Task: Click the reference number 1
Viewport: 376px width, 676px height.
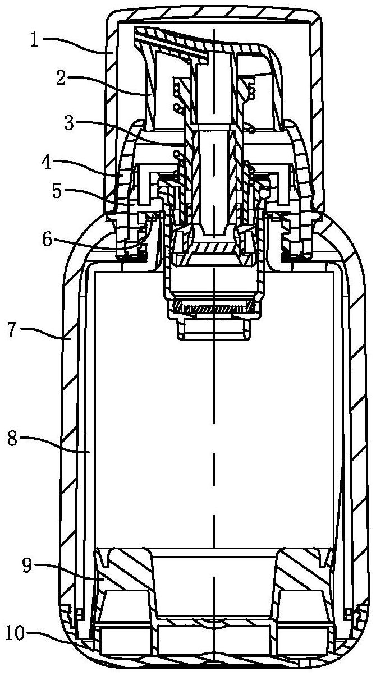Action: (x=35, y=41)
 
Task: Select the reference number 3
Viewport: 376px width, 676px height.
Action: (x=69, y=123)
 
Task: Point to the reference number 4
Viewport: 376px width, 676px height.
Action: (x=46, y=163)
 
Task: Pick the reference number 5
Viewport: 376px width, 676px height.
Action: (x=57, y=191)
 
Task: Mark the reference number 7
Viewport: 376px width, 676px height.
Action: (x=12, y=329)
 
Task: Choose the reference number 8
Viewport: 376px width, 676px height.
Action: (x=12, y=438)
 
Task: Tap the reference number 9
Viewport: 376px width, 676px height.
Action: (x=26, y=565)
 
